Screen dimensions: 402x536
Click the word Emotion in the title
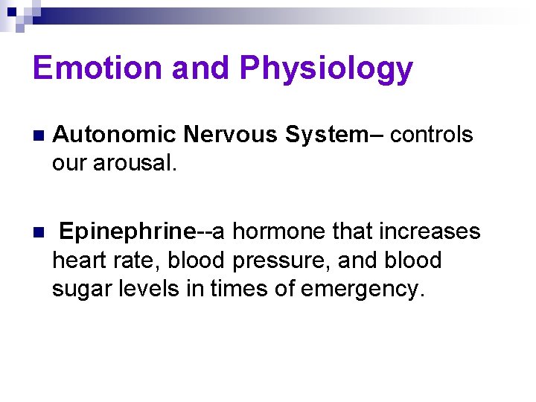coord(98,68)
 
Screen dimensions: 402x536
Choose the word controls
coord(431,135)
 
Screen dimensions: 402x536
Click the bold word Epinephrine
coord(126,232)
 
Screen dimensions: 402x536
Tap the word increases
coord(430,232)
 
